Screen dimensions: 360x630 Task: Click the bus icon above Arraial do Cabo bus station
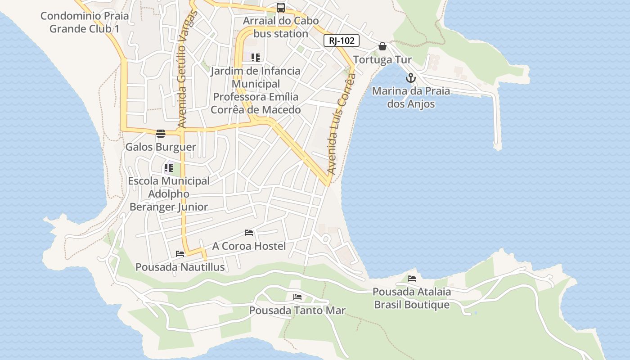pyautogui.click(x=281, y=8)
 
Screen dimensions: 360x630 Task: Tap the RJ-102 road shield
pyautogui.click(x=342, y=41)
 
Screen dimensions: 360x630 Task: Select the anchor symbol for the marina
pyautogui.click(x=410, y=78)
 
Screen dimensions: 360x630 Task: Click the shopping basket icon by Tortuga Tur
pyautogui.click(x=382, y=46)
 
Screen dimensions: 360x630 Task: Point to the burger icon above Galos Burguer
pyautogui.click(x=161, y=133)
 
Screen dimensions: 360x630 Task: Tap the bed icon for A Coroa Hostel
pyautogui.click(x=249, y=233)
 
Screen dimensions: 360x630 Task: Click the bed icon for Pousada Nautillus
pyautogui.click(x=180, y=254)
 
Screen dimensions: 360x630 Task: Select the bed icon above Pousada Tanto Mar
pyautogui.click(x=297, y=297)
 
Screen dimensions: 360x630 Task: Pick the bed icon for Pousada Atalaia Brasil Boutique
pyautogui.click(x=412, y=279)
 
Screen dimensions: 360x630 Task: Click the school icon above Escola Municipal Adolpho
pyautogui.click(x=169, y=168)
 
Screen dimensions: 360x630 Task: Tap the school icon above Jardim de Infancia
pyautogui.click(x=256, y=58)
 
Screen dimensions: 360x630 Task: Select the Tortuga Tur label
pyautogui.click(x=382, y=60)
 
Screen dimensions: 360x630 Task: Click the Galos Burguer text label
pyautogui.click(x=161, y=147)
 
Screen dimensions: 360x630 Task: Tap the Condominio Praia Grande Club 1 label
pyautogui.click(x=85, y=22)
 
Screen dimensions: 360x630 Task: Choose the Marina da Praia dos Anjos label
pyautogui.click(x=411, y=98)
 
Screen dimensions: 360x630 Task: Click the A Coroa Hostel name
pyautogui.click(x=249, y=246)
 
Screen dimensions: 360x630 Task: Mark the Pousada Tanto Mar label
pyautogui.click(x=297, y=310)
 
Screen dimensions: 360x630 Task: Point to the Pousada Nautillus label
pyautogui.click(x=180, y=267)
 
